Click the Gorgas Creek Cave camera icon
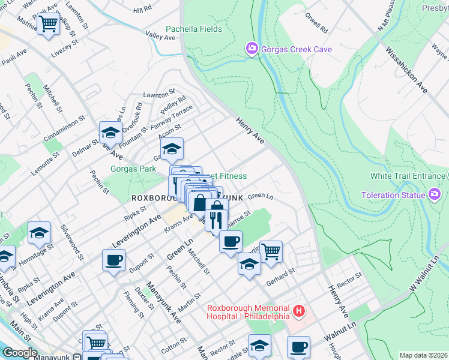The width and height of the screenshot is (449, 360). [x=252, y=47]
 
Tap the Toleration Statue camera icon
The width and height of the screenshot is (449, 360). [x=434, y=194]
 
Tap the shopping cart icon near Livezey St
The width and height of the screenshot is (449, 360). [x=48, y=24]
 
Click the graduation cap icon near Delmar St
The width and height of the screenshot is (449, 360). [x=110, y=132]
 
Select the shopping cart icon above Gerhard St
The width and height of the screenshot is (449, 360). [x=271, y=251]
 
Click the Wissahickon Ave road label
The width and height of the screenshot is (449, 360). [x=407, y=71]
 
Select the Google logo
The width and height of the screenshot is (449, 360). [x=19, y=353]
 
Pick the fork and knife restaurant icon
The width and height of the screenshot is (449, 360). [x=217, y=219]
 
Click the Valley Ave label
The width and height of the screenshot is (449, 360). [x=161, y=37]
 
